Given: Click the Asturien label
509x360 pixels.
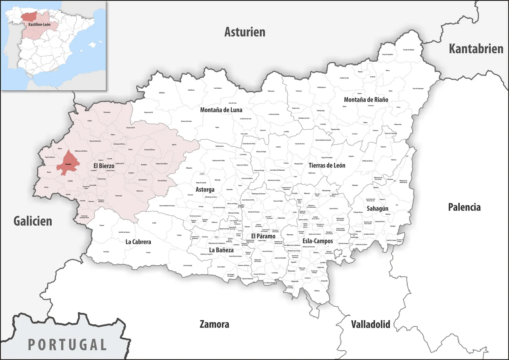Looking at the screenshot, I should tap(245, 32).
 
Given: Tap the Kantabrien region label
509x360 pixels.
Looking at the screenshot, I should tap(476, 49).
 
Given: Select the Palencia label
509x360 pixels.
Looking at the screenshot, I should tap(464, 207).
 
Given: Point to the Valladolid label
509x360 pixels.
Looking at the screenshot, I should tap(370, 324).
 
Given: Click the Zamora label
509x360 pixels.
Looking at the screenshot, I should tap(214, 324).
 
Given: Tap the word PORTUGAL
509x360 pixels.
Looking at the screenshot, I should tap(68, 344).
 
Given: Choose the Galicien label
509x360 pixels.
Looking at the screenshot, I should tap(33, 221).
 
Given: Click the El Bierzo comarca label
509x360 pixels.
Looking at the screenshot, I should tap(104, 165).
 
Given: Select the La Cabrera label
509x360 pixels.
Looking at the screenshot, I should tap(138, 241).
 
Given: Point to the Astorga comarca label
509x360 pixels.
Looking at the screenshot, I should tap(205, 189).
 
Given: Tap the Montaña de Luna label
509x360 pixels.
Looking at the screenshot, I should tap(221, 110).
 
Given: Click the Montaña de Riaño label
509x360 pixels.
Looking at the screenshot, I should tap(366, 99).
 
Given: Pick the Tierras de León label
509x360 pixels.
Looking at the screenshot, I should tap(327, 165).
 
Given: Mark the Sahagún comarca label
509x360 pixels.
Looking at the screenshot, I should tap(377, 208).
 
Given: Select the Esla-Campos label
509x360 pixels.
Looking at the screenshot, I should tap(318, 241).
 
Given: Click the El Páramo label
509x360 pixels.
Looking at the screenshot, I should tap(263, 236).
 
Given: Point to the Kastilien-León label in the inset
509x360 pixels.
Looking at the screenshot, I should tap(39, 24).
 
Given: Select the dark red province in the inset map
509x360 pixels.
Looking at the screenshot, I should tap(30, 17).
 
